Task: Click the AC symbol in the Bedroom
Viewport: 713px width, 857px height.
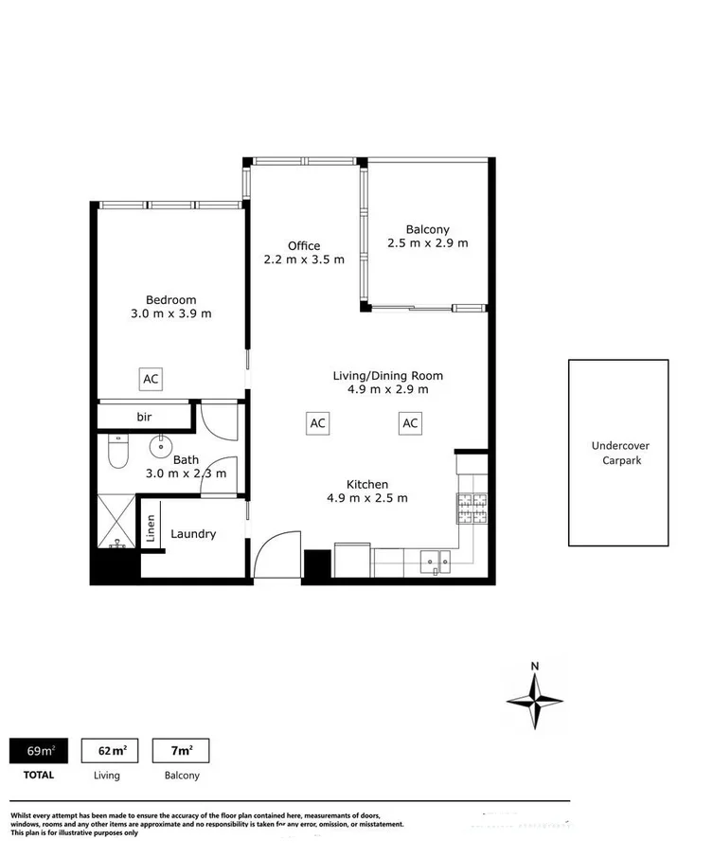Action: tap(151, 379)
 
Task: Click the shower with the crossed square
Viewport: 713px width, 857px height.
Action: tap(116, 521)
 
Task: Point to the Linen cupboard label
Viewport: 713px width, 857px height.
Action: tap(150, 529)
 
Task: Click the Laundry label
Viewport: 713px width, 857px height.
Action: tap(193, 534)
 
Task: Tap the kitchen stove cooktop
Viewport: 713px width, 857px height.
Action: tap(471, 509)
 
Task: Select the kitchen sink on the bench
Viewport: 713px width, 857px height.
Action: tap(437, 562)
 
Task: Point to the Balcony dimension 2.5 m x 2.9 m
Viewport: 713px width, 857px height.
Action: tap(427, 242)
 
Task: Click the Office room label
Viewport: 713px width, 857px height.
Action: tap(304, 246)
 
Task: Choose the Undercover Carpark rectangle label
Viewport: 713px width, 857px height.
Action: tap(619, 453)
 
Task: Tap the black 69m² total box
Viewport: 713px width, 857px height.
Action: tap(41, 752)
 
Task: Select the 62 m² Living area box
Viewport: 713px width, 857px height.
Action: tap(113, 752)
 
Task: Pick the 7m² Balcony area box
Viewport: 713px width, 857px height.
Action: tap(181, 752)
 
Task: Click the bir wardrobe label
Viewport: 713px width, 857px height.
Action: tap(144, 417)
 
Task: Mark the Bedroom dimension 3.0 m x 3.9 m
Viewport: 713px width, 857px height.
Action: tap(171, 313)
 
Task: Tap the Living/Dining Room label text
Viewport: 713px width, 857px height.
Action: tap(387, 376)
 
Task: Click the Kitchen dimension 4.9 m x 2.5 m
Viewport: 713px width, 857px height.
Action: tap(367, 498)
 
